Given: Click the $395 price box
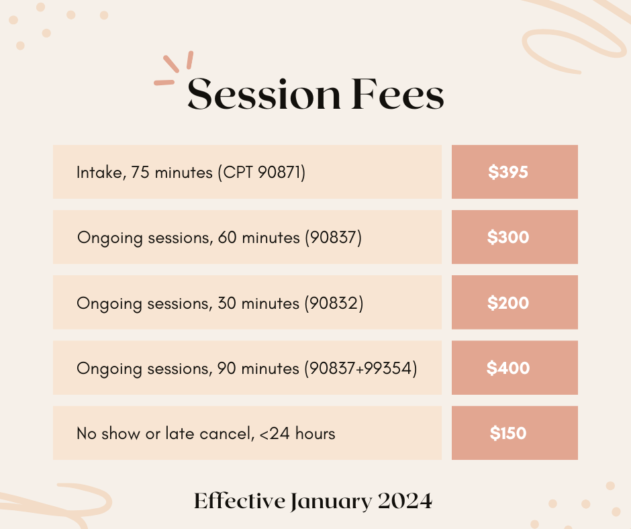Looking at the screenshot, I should pos(514,172).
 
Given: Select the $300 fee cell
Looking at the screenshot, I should pos(514,237).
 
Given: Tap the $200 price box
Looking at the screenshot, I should pos(514,303).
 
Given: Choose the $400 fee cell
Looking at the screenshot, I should pos(514,368).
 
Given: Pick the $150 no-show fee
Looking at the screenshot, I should pos(514,433).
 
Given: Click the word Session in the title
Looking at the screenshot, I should pos(264,95).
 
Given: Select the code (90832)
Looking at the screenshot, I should pos(334,303).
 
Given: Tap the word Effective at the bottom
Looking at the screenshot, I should pos(239,501).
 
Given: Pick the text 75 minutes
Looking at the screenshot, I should pos(171,173).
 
